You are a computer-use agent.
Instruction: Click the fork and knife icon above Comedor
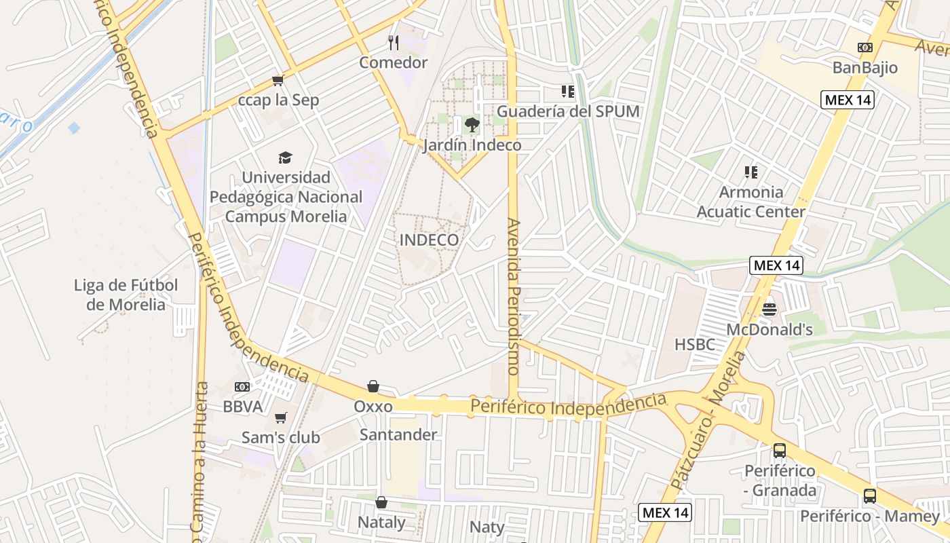[x=394, y=43]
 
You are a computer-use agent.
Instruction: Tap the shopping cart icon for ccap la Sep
[x=278, y=81]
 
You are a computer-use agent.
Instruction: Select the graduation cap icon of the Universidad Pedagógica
[x=285, y=158]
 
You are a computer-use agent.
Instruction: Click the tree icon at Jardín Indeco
[x=472, y=125]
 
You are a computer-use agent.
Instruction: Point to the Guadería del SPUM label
[x=569, y=111]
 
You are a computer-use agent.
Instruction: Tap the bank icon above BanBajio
[x=864, y=48]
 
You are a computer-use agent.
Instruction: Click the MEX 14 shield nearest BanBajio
[x=848, y=100]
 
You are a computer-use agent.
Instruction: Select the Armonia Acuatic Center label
[x=751, y=202]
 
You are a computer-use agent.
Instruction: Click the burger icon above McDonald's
[x=769, y=310]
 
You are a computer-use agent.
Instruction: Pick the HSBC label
[x=695, y=345]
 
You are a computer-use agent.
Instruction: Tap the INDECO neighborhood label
[x=429, y=240]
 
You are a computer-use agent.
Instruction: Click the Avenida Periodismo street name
[x=514, y=297]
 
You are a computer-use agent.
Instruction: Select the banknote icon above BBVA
[x=242, y=387]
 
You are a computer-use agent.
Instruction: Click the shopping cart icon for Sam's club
[x=280, y=417]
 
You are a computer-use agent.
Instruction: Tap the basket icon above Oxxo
[x=373, y=386]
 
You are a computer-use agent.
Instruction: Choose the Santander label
[x=398, y=434]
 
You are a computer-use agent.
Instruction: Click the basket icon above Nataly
[x=381, y=502]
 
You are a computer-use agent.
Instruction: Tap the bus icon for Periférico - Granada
[x=780, y=450]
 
